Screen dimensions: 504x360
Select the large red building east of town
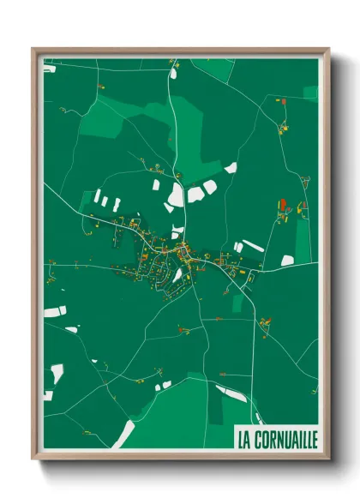pyautogui.click(x=282, y=206)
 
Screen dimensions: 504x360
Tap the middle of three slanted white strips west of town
pyautogui.click(x=105, y=202)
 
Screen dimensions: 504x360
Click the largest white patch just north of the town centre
pyautogui.click(x=176, y=196)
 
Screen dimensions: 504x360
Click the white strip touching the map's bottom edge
pyautogui.click(x=123, y=435)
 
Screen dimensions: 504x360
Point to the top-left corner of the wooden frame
pyautogui.click(x=33, y=49)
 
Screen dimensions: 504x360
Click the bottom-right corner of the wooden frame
pyautogui.click(x=328, y=459)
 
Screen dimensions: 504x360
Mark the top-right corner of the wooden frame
pyautogui.click(x=328, y=49)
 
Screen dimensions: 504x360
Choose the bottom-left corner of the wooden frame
pyautogui.click(x=33, y=459)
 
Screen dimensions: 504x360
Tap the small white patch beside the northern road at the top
pyautogui.click(x=173, y=72)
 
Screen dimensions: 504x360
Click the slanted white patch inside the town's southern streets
pyautogui.click(x=178, y=275)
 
